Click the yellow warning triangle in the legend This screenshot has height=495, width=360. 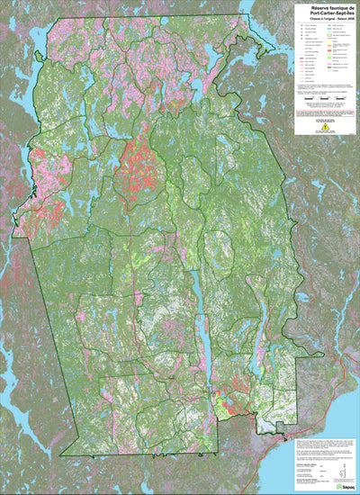click(326, 127)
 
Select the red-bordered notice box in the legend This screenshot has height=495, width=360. click(326, 113)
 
